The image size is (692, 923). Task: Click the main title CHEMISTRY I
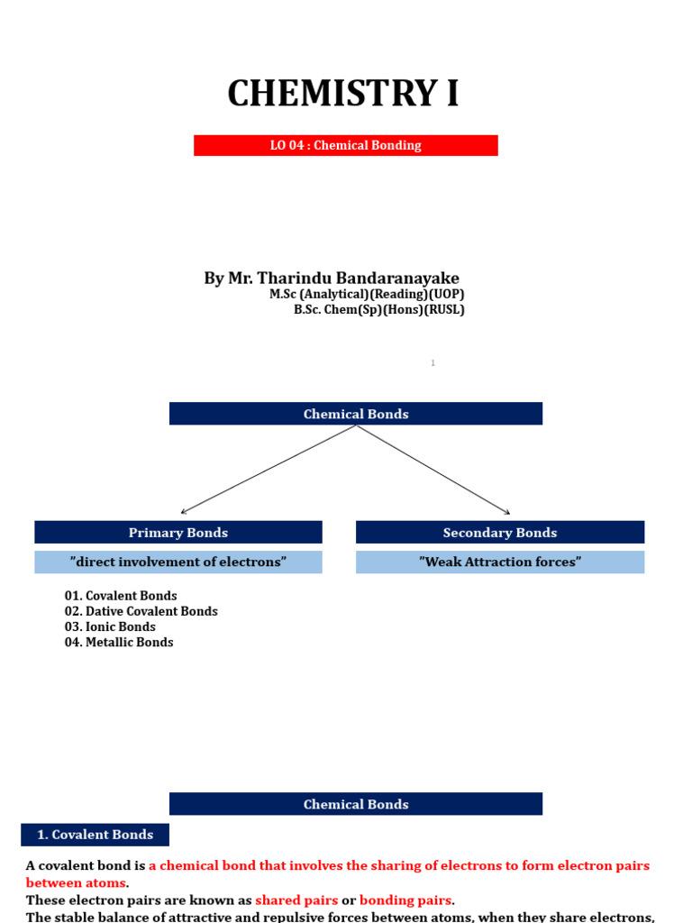pos(343,94)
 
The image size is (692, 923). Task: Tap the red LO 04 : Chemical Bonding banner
pos(346,145)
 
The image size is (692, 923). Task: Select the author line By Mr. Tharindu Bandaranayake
pos(332,279)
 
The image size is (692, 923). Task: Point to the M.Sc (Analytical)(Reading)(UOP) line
pos(367,294)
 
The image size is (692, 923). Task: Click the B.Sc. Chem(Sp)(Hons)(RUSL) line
pos(378,309)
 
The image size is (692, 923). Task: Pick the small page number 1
pos(432,363)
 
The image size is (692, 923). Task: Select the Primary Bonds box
pos(178,532)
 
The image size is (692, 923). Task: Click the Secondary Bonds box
pos(500,532)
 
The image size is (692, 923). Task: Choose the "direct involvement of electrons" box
pos(178,562)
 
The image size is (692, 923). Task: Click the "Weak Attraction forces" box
pos(500,562)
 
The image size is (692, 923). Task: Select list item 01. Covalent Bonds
pos(121,596)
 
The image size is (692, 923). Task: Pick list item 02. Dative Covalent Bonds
pos(141,611)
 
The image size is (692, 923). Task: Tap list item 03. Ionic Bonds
pos(110,626)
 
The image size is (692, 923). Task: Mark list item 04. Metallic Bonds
pos(119,642)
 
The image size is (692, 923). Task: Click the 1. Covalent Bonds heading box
pos(95,835)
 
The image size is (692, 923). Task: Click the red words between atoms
pos(76,882)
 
